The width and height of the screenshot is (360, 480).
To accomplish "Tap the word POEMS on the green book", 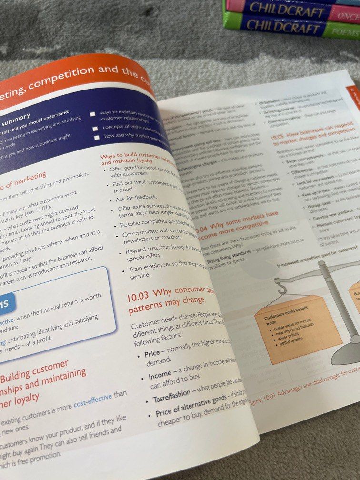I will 347,31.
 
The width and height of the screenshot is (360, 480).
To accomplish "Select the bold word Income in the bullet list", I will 160,376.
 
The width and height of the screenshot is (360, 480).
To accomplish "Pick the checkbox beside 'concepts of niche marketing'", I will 96,128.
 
